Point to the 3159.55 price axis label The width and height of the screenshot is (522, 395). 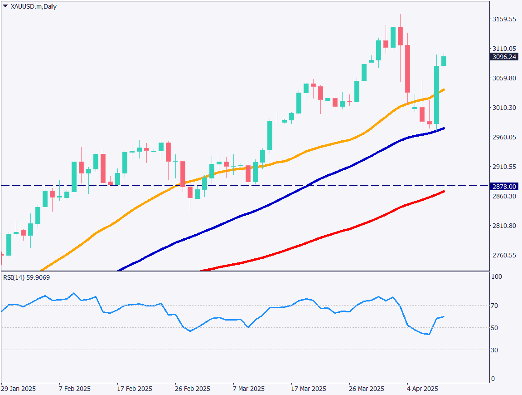(x=504, y=19)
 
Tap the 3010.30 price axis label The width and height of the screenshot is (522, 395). (x=504, y=108)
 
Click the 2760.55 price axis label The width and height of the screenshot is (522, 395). (x=504, y=255)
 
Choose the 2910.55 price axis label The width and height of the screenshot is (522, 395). (x=504, y=167)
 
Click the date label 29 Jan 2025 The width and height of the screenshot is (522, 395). (x=19, y=389)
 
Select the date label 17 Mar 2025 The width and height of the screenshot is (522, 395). (x=309, y=389)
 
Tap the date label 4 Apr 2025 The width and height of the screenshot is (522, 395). (x=422, y=389)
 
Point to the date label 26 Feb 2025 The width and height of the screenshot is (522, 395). (x=193, y=389)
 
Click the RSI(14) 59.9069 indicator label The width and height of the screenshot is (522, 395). (x=27, y=277)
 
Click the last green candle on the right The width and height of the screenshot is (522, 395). (x=444, y=61)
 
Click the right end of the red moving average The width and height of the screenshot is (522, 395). (x=444, y=192)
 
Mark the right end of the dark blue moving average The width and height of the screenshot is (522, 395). (x=444, y=128)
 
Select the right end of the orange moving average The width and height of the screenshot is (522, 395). (x=444, y=89)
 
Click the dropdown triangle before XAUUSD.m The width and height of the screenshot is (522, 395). (x=5, y=6)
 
